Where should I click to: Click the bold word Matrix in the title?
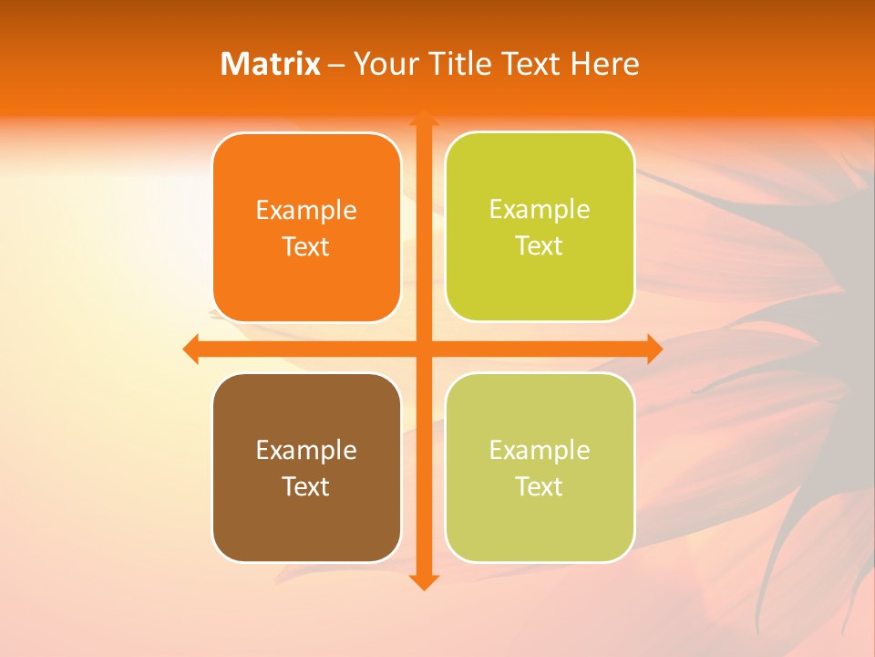[271, 64]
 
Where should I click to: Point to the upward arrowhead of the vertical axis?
[423, 120]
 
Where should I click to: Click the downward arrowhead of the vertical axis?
[423, 581]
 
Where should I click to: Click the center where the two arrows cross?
[423, 349]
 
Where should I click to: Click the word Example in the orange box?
[306, 211]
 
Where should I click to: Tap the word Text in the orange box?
[306, 247]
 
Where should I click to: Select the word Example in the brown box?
[306, 451]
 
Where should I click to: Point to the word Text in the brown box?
[306, 487]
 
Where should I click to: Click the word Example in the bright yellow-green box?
[540, 210]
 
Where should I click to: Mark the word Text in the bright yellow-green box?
[540, 246]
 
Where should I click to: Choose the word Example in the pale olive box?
[540, 451]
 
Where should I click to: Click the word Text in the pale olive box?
[540, 487]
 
